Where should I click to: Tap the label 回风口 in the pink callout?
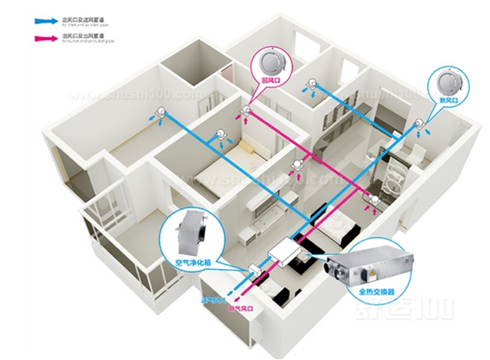pos(270,80)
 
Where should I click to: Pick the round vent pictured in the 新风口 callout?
pos(445,82)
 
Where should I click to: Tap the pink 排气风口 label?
pos(237,309)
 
